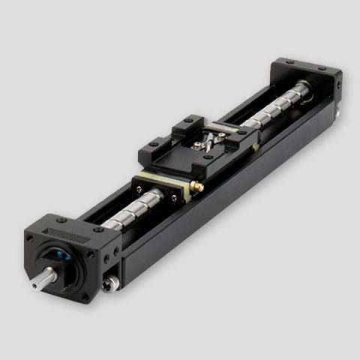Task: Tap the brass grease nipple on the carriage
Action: coord(196,185)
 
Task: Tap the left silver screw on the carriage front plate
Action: coord(139,181)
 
